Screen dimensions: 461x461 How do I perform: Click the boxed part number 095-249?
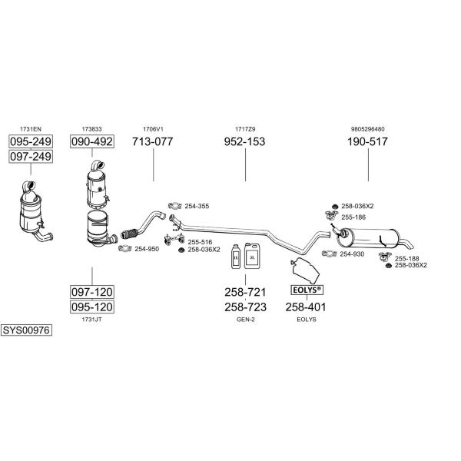coord(31,141)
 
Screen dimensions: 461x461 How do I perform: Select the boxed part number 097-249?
coord(31,157)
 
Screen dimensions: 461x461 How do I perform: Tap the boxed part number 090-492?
coord(92,141)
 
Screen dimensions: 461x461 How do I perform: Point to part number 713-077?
coord(152,141)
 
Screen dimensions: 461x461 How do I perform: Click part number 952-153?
coord(244,141)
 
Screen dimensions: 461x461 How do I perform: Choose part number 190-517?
coord(367,141)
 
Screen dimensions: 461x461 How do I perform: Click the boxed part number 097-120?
coord(92,292)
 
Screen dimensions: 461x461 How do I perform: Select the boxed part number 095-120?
coord(92,307)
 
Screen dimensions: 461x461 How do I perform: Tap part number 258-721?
coord(245,292)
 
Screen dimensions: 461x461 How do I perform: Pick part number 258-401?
coord(306,307)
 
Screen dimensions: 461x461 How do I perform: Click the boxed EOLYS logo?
coord(307,290)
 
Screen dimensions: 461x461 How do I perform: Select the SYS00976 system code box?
coord(26,330)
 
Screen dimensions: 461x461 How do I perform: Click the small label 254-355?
coord(197,206)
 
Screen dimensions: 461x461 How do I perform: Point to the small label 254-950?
coord(147,249)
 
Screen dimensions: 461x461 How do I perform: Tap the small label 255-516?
coord(200,242)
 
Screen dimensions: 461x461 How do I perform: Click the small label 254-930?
coord(352,254)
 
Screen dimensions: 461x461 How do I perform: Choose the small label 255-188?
coord(407,259)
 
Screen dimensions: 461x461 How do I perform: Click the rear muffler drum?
coord(368,237)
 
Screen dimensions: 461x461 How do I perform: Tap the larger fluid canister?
coord(252,256)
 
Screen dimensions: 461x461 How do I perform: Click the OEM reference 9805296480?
coord(367,129)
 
